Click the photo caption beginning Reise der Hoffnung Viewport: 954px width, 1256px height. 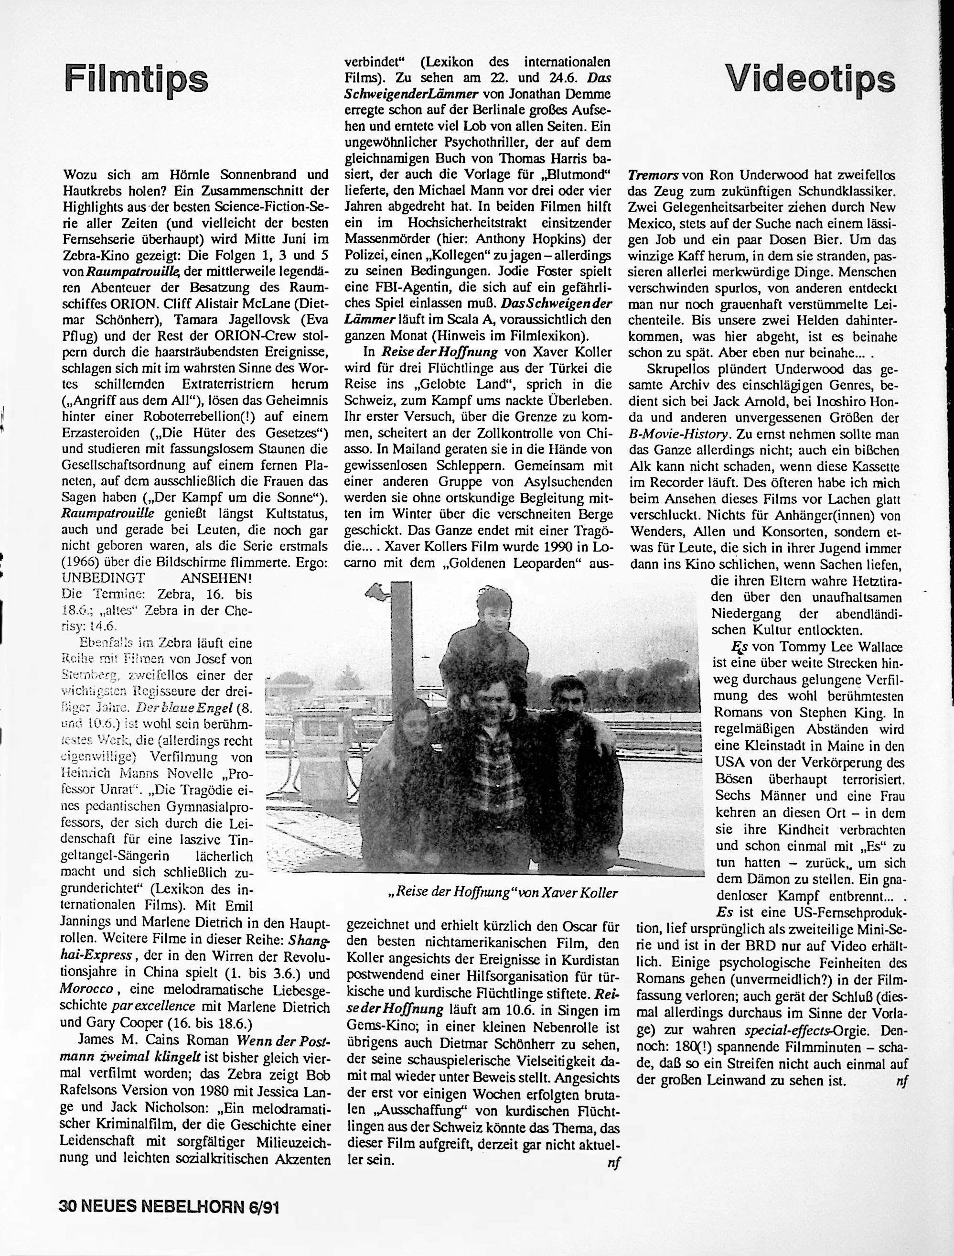[x=503, y=892]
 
